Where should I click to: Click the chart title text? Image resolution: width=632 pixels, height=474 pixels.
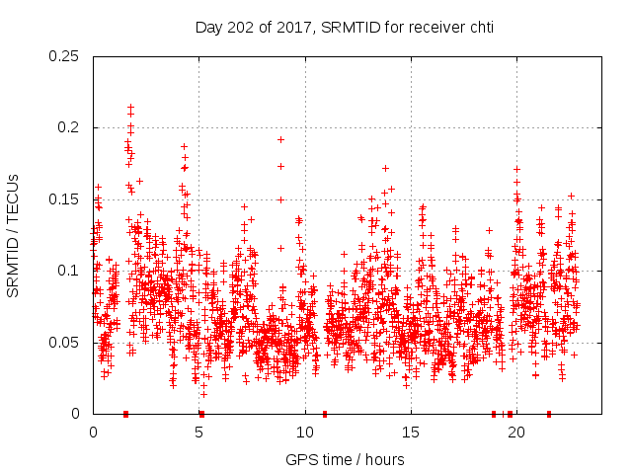click(x=344, y=28)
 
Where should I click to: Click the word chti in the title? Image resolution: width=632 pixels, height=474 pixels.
click(x=479, y=28)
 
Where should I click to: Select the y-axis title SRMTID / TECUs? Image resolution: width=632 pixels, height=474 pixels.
click(x=14, y=235)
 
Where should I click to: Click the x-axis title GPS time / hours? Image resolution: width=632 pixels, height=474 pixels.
click(x=344, y=459)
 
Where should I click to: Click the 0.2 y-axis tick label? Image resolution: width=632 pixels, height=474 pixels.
click(x=69, y=128)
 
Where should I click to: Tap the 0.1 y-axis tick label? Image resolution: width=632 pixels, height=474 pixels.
click(x=69, y=271)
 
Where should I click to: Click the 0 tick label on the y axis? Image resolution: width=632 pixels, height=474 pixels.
click(x=77, y=413)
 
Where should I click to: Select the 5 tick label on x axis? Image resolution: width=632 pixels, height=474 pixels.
click(x=199, y=433)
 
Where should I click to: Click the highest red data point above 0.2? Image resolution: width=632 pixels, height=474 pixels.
click(x=130, y=107)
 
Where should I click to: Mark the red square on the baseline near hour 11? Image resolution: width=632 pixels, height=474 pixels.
click(x=325, y=414)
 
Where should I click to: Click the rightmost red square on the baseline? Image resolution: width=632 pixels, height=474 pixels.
click(x=548, y=414)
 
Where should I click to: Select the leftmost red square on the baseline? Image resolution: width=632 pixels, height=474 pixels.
click(x=125, y=414)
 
